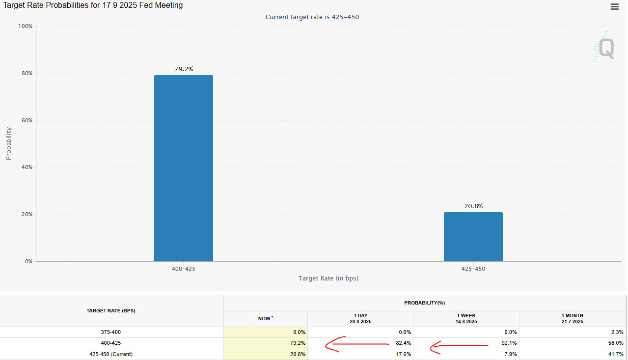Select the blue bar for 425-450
coord(473,237)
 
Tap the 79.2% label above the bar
coord(184,69)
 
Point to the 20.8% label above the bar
coord(473,206)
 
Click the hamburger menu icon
coord(614,6)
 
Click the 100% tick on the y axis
coord(25,26)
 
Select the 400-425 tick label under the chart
coord(184,269)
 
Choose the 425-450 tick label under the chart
coord(473,269)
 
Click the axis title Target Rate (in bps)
coord(328,278)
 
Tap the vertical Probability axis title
coord(8,143)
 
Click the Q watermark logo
coord(603,48)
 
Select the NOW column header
coord(265,319)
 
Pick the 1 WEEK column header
coord(465,318)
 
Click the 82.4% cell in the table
coord(404,343)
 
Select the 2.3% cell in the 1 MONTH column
coord(617,332)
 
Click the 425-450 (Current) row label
coord(111,354)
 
